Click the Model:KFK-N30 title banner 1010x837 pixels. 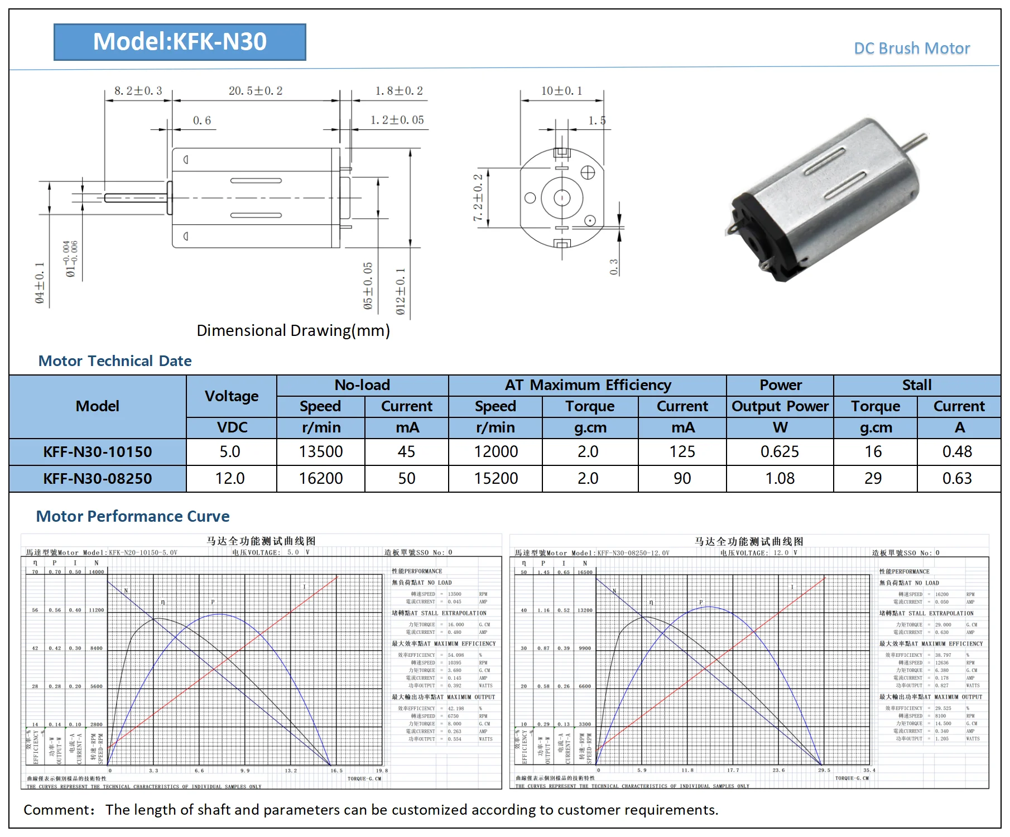coord(180,42)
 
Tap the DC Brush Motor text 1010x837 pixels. coord(912,49)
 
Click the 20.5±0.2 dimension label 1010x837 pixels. coord(256,91)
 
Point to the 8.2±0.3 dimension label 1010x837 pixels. coord(138,91)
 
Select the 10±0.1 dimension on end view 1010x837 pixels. coord(561,91)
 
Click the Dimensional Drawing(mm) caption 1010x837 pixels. coord(293,330)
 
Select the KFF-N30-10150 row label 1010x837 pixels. coord(98,452)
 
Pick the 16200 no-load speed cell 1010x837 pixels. coord(321,479)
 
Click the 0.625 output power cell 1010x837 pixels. coord(780,452)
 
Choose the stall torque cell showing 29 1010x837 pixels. coord(873,479)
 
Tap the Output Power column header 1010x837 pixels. coord(780,406)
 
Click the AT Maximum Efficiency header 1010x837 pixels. coord(588,385)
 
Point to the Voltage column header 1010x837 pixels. coord(232,396)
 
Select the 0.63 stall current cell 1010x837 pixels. coord(957,479)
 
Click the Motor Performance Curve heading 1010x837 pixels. coord(133,516)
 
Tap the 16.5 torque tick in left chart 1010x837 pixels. coord(336,771)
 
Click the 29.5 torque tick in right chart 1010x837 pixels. coord(824,770)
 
